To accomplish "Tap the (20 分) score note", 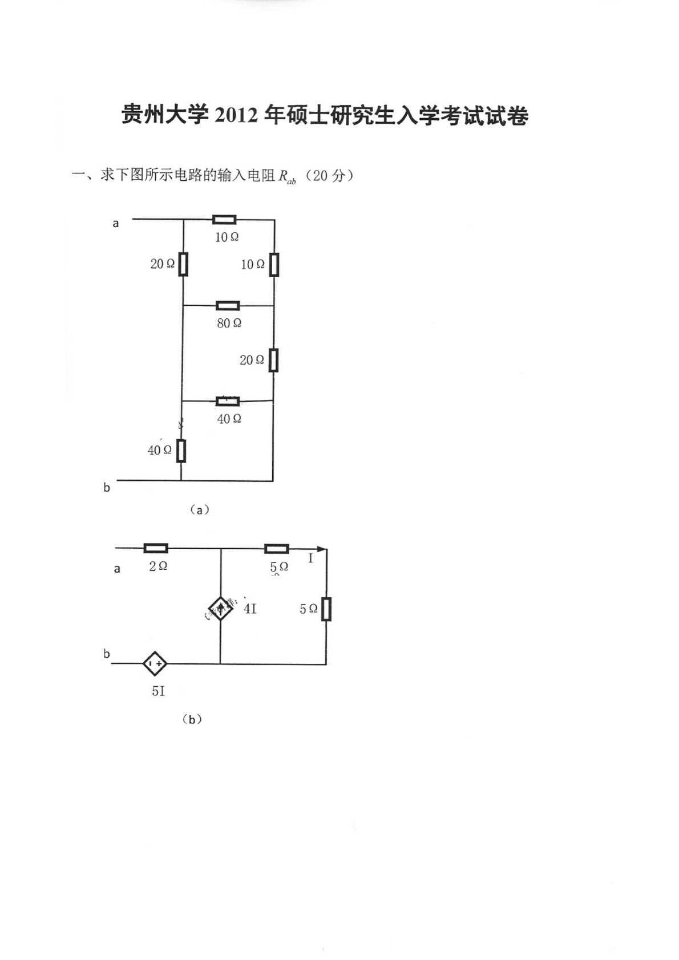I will coord(329,176).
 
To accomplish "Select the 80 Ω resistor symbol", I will coord(228,306).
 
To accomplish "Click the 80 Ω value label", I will coord(229,323).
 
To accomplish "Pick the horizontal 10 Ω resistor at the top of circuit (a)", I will coord(224,220).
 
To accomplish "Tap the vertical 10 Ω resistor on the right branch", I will coord(274,265).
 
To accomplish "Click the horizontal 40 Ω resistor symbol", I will coord(228,401).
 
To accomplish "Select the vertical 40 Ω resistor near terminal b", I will coord(181,451).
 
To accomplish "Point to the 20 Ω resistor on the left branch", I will coord(183,264).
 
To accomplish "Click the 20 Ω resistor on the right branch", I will coord(274,360).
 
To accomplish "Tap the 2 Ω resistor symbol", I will coord(156,548).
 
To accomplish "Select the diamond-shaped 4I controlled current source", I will coord(221,610).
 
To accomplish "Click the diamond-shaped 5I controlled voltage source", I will coord(155,664).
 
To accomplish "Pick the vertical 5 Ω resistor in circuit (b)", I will coord(326,609).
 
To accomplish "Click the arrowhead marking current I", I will coord(322,549).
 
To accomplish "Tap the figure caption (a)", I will coord(199,510).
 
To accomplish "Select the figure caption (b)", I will coord(192,720).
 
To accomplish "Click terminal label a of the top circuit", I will coord(116,224).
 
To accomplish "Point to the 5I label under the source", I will coord(158,691).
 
